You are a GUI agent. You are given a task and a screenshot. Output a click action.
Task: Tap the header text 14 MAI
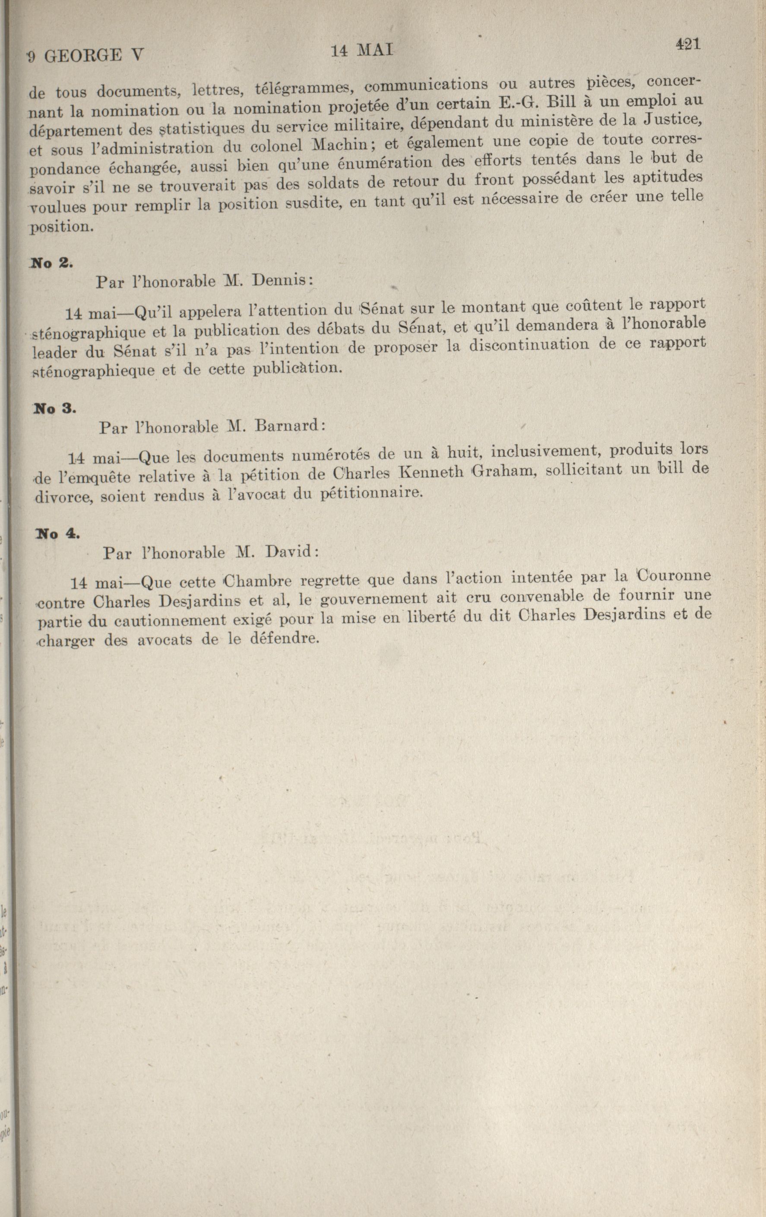click(361, 51)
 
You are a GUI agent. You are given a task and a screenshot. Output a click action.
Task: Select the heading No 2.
click(52, 263)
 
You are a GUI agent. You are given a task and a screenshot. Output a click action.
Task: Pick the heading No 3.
click(54, 408)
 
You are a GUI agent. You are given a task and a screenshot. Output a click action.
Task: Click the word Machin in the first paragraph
click(345, 145)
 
